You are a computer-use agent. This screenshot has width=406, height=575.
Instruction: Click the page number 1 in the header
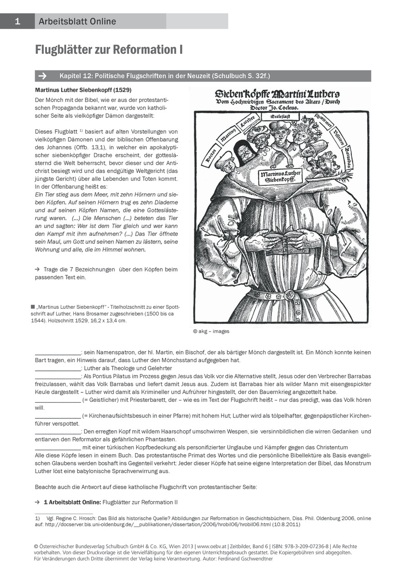pos(17,21)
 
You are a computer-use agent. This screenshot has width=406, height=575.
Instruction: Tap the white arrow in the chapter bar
pos(44,76)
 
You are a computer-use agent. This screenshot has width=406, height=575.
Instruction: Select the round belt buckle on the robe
pos(289,295)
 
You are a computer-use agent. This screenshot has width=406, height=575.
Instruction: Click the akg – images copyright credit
pos(211,331)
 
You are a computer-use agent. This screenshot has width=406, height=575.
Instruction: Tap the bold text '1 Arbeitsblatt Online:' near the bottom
pos(72,502)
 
